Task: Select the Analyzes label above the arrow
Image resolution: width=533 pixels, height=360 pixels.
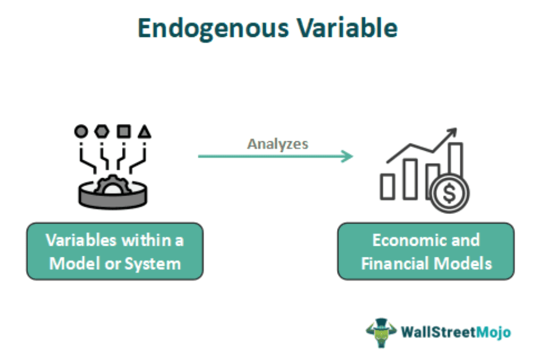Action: coord(278,144)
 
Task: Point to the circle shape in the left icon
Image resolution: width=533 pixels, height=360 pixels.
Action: coord(81,131)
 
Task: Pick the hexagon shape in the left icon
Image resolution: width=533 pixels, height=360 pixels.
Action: coord(102,131)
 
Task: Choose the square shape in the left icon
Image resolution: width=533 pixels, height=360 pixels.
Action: coord(123,131)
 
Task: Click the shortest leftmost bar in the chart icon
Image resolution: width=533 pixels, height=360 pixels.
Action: coord(388,186)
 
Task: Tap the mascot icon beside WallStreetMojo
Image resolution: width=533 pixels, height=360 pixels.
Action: coord(381,331)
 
